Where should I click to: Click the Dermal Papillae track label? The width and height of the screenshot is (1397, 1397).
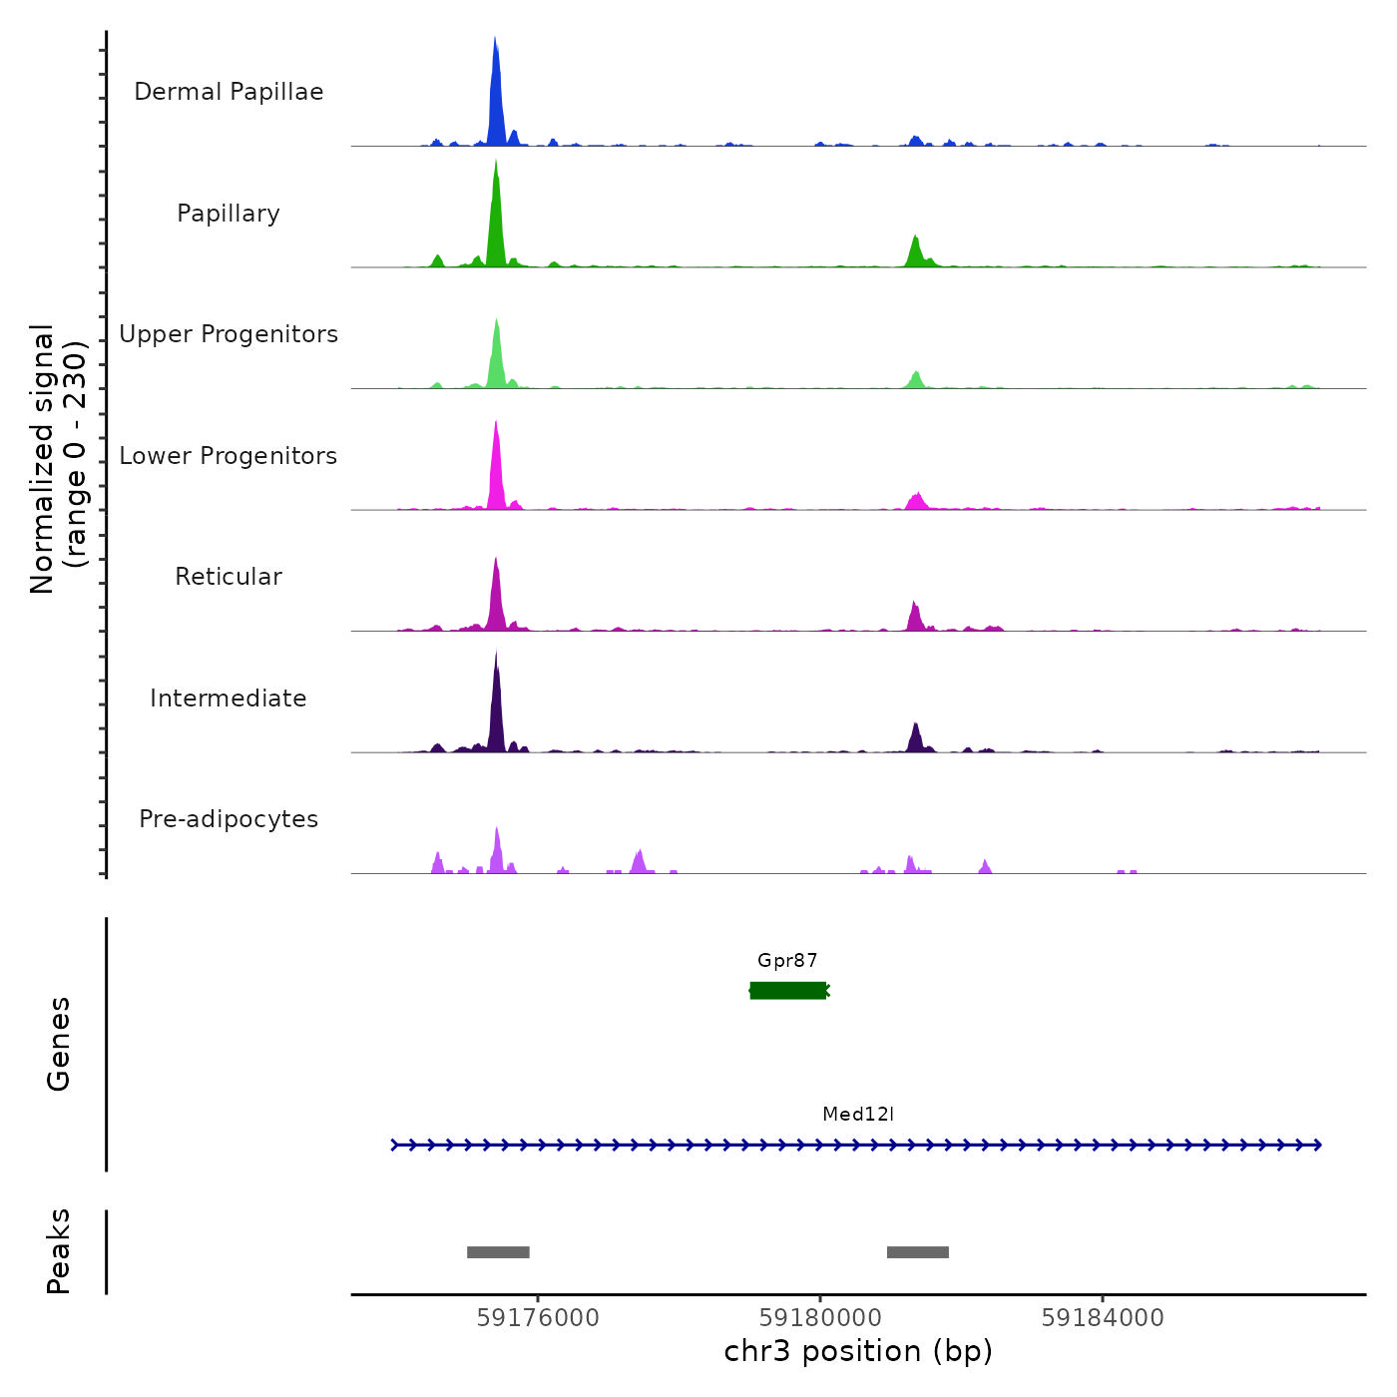click(229, 92)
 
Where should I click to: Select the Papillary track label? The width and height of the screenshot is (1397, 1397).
click(229, 214)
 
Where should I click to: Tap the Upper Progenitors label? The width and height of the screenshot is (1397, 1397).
click(229, 334)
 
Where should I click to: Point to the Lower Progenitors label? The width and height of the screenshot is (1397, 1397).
click(229, 456)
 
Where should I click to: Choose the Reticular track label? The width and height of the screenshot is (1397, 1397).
click(229, 577)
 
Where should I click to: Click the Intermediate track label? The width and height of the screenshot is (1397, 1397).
click(229, 698)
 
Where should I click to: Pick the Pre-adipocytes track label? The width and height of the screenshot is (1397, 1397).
click(229, 819)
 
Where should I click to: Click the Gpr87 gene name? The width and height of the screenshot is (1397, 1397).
click(787, 961)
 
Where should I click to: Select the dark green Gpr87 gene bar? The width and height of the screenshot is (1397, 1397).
click(788, 990)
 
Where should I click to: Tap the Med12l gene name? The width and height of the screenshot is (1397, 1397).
click(858, 1115)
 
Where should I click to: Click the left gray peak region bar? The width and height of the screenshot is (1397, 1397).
click(498, 1252)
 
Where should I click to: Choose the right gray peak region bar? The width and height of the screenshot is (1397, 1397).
click(918, 1252)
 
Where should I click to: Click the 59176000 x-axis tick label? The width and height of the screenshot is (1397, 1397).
click(538, 1318)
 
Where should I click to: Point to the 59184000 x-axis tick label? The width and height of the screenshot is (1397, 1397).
click(1103, 1318)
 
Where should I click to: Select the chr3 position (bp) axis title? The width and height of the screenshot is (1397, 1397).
click(858, 1351)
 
